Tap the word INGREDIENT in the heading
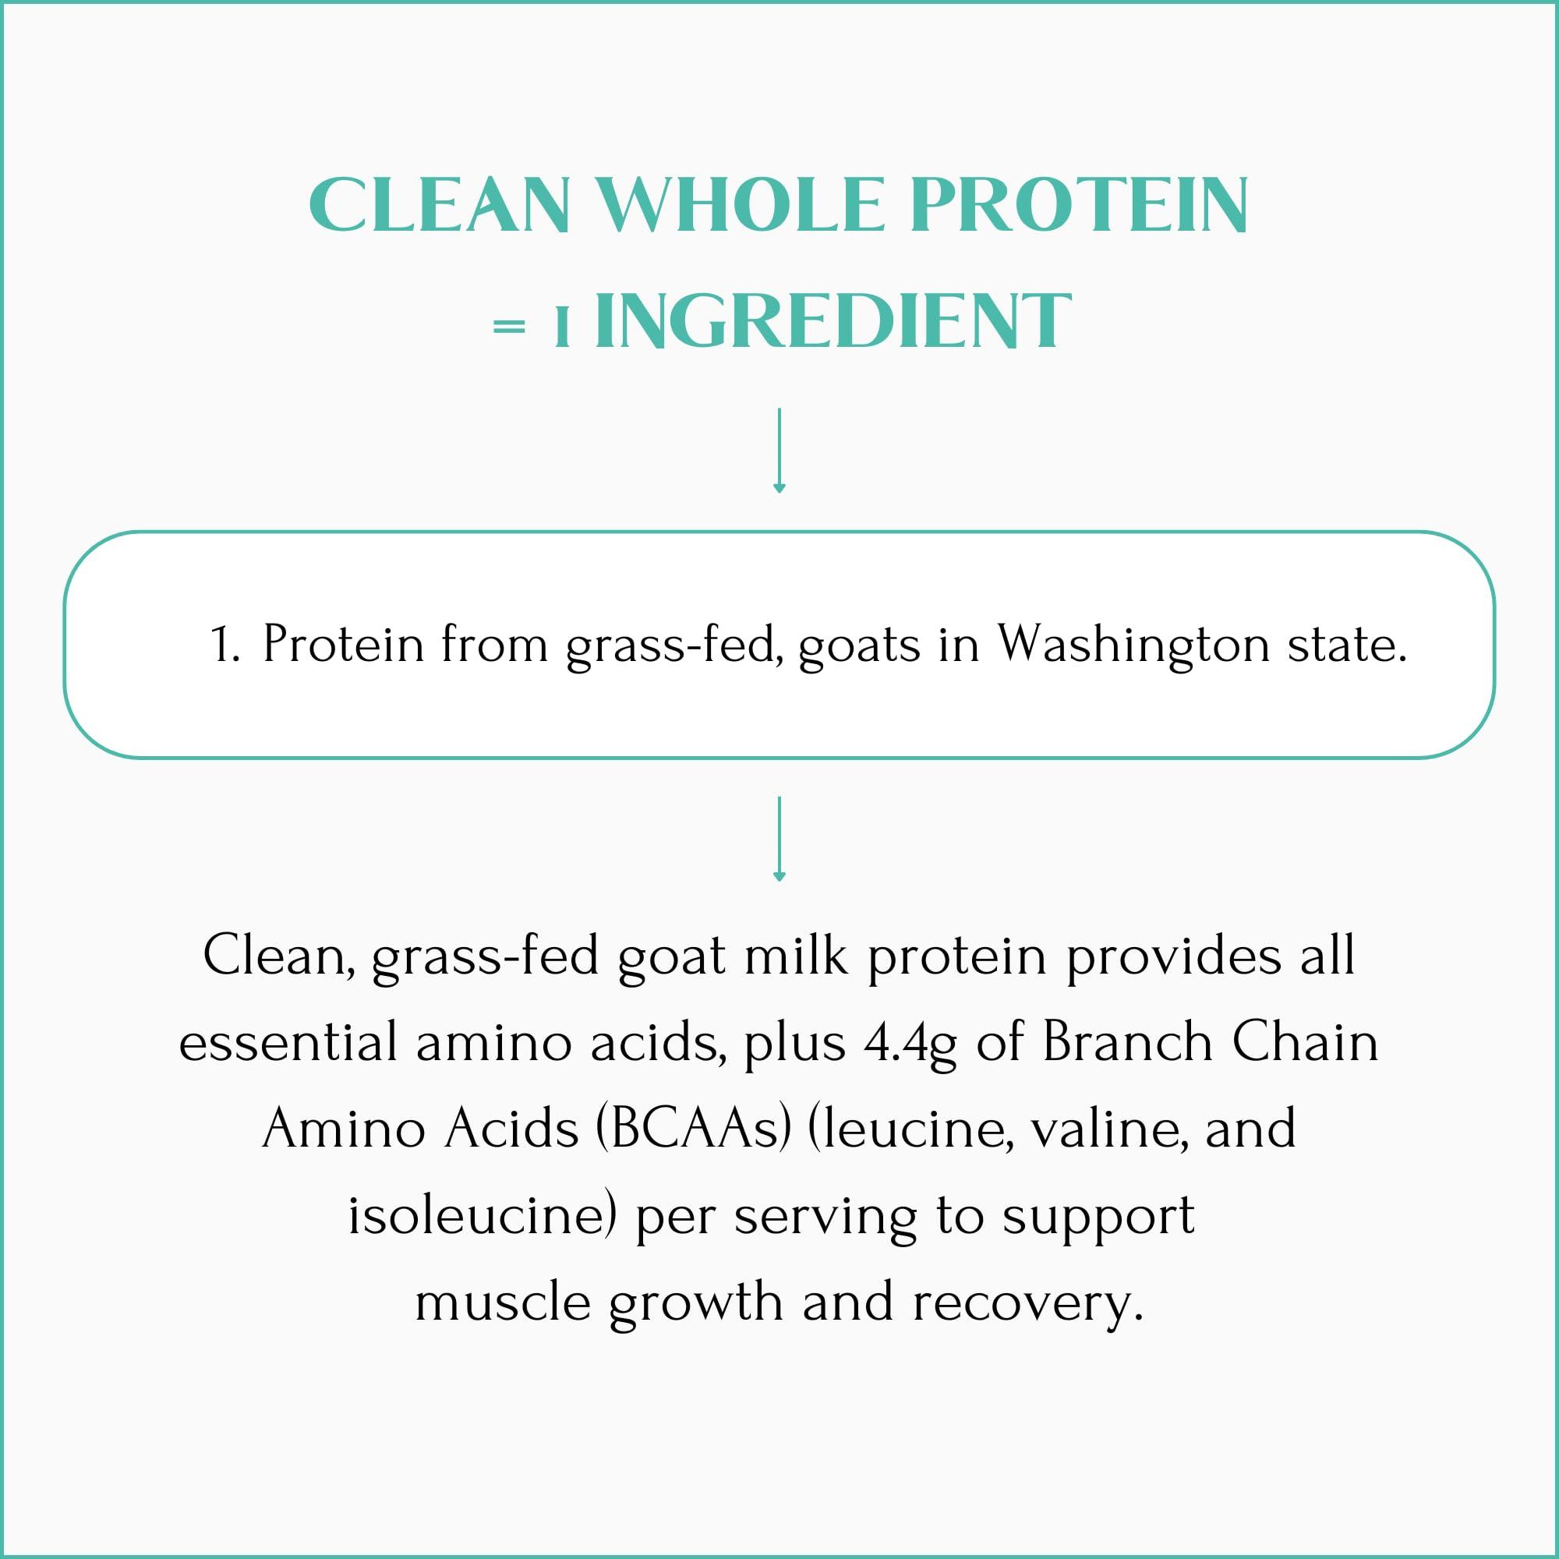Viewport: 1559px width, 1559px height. pyautogui.click(x=832, y=322)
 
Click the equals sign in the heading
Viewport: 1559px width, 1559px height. pyautogui.click(x=508, y=326)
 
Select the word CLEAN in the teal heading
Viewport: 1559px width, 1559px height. pyautogui.click(x=439, y=206)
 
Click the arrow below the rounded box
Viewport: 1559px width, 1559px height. pyautogui.click(x=779, y=840)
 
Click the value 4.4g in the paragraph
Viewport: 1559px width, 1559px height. pyautogui.click(x=910, y=1044)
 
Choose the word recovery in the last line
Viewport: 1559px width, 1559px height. pyautogui.click(x=1027, y=1303)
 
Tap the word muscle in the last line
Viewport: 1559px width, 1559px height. pyautogui.click(x=503, y=1303)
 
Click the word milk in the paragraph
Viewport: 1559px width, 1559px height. pyautogui.click(x=796, y=956)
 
